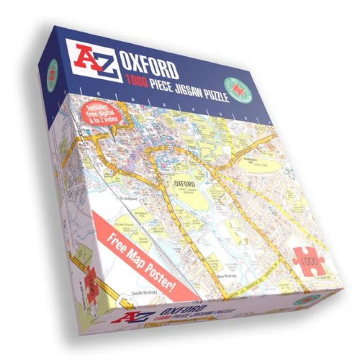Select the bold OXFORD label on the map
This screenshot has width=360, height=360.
[184, 184]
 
